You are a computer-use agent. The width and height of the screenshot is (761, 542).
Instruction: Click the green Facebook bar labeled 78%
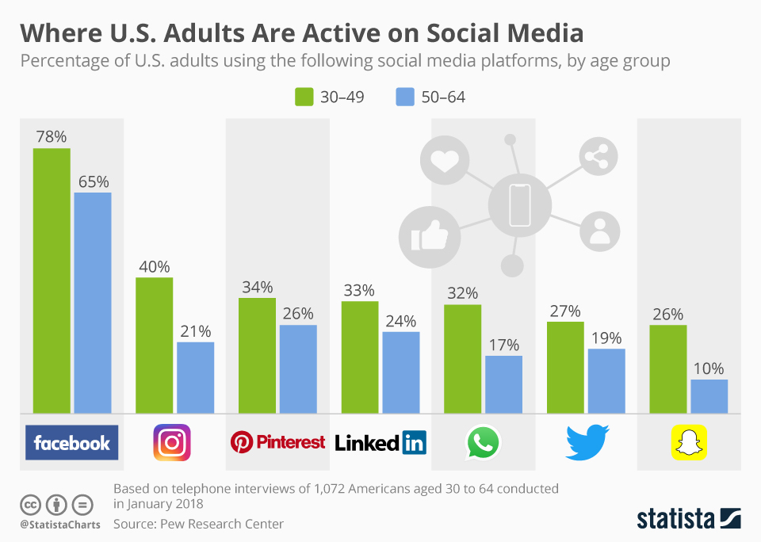coord(52,281)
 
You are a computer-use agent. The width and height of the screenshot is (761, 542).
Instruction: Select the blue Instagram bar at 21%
coord(195,377)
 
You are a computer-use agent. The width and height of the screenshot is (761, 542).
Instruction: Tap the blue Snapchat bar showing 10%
coord(709,396)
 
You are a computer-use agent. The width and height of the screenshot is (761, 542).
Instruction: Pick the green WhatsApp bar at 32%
coord(462,358)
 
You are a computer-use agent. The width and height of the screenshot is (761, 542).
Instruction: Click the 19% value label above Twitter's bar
coord(606,338)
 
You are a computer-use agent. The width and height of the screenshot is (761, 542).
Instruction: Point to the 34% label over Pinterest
coord(257,286)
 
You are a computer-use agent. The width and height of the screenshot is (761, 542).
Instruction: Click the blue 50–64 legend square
coord(404,97)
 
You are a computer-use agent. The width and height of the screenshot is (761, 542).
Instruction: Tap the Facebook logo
coord(71,442)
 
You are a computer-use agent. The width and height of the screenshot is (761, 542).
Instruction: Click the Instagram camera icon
coord(172,442)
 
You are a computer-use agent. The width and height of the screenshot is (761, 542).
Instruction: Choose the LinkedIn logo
coord(380,442)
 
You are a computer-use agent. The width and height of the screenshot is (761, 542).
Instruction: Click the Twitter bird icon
coord(587,442)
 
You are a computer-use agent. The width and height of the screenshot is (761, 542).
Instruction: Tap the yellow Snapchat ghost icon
coord(689,442)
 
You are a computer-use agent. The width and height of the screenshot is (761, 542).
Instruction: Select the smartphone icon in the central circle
coord(519,204)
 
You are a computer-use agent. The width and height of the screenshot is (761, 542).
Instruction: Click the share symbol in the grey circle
coord(597,156)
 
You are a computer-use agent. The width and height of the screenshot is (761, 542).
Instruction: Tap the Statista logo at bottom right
coord(688,519)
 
